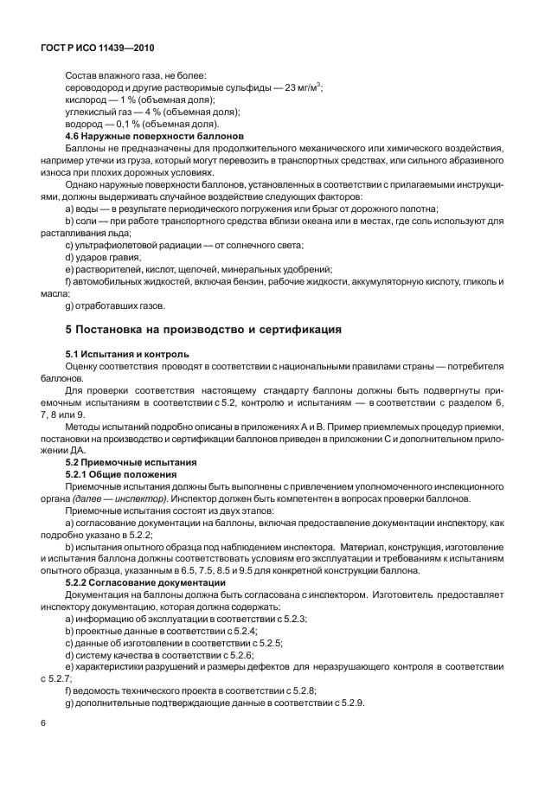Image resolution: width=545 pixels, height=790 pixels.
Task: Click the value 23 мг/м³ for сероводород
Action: pos(300,87)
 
